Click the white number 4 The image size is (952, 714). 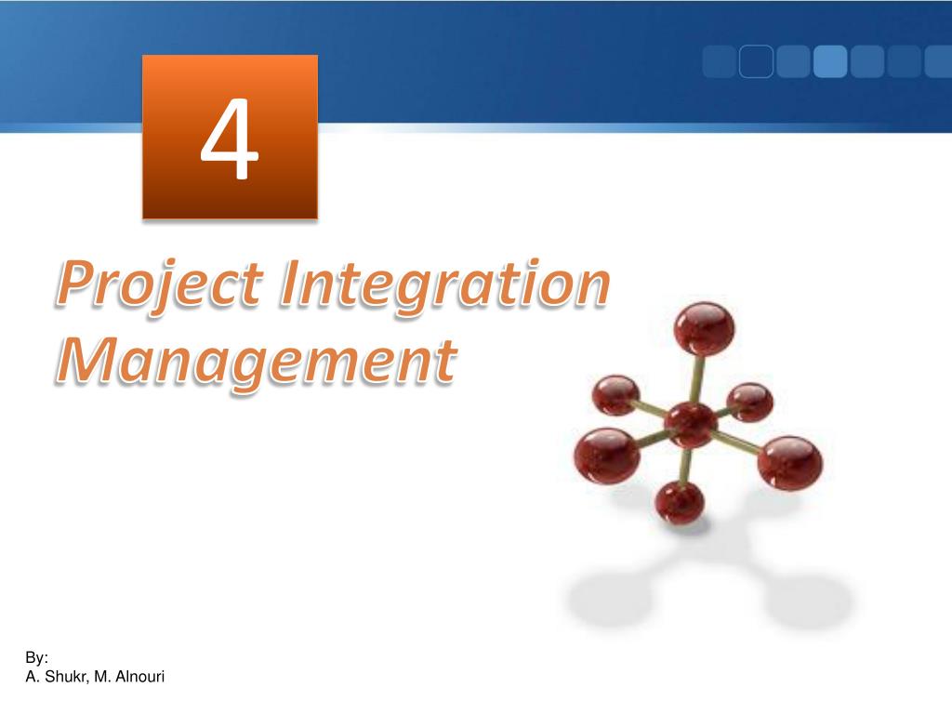point(230,142)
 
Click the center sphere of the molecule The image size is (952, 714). point(690,425)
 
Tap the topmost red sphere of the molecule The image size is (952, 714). point(704,326)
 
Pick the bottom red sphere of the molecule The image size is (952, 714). point(680,502)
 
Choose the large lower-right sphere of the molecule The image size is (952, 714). point(789,462)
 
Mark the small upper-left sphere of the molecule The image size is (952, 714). point(615,395)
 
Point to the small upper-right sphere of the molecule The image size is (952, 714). point(749,403)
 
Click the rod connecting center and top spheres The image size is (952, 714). point(697,377)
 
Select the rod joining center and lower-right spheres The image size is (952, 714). point(739,443)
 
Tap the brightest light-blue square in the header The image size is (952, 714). point(829,61)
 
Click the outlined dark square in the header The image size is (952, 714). point(756,61)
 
